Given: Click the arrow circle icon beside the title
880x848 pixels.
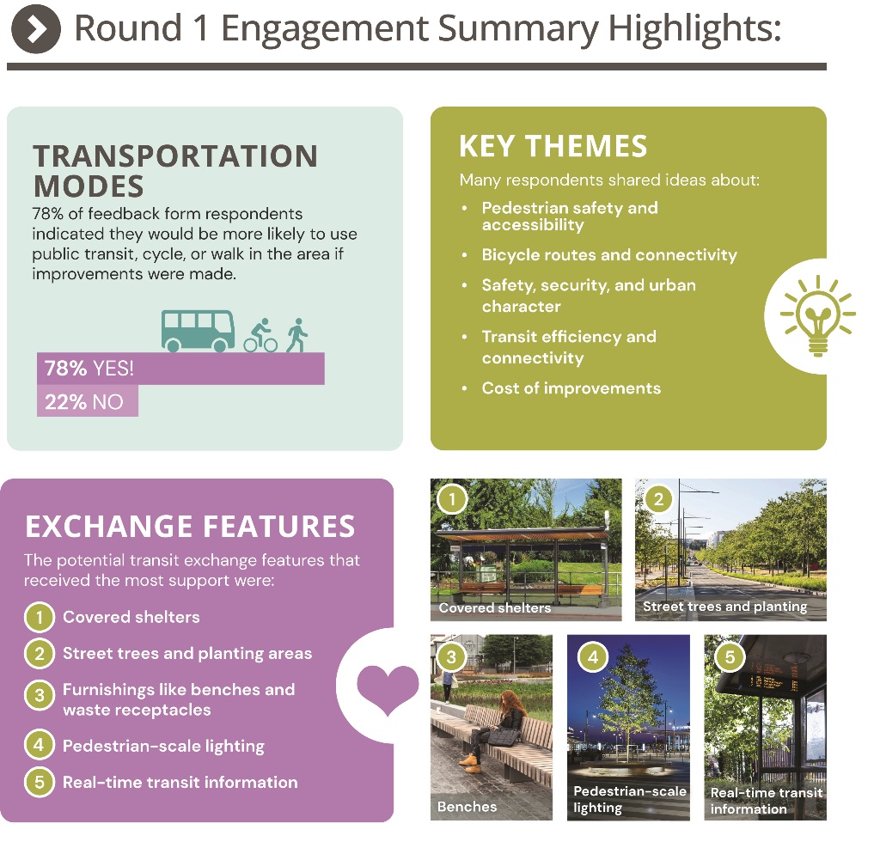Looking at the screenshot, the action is (x=36, y=28).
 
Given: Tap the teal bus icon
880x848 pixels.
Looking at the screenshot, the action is (x=198, y=331).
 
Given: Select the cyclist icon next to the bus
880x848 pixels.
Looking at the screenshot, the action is (x=260, y=336).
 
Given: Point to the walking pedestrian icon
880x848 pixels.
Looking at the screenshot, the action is (x=296, y=335).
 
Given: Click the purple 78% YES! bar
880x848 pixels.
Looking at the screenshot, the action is (x=180, y=369).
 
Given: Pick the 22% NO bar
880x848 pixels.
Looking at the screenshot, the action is (x=88, y=400).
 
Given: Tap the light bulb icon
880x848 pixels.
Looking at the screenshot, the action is (x=818, y=315).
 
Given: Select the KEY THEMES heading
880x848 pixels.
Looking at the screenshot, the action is (x=553, y=146).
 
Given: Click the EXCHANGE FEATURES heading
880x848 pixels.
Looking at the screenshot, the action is (x=190, y=527).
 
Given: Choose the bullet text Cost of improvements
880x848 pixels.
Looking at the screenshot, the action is (x=571, y=388).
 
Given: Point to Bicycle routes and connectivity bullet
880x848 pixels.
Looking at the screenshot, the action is (x=609, y=255).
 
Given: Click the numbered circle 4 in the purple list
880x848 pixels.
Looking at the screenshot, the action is (x=40, y=745).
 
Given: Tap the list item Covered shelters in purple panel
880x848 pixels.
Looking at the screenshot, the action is (x=131, y=617).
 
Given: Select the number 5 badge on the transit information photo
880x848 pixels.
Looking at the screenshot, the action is (x=730, y=656).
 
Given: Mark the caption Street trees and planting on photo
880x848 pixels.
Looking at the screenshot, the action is (x=725, y=607).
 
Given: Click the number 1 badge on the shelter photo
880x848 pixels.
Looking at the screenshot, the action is (x=452, y=498).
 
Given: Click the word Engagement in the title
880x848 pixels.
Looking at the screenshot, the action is (x=325, y=28).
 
